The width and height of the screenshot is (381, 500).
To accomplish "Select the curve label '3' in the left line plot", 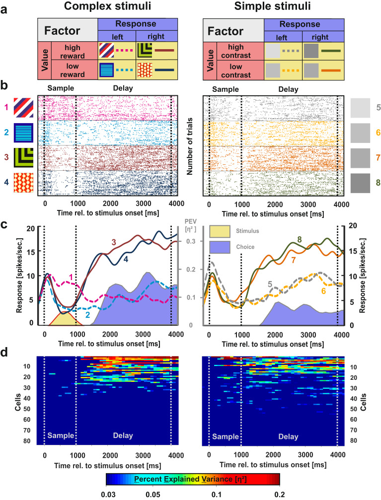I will [x=113, y=242].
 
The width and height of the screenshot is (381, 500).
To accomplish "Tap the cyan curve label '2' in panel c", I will [x=87, y=315].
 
